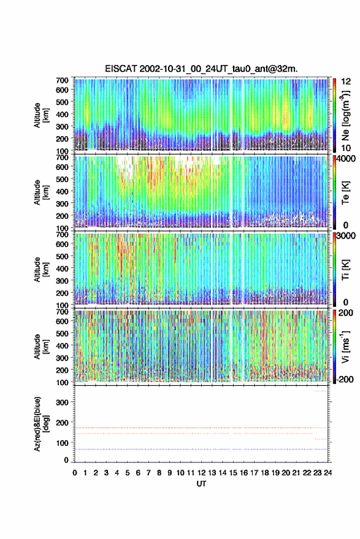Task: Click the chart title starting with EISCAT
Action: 201,69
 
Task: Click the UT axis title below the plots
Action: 201,484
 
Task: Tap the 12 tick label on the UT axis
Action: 202,473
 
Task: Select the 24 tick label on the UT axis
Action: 327,473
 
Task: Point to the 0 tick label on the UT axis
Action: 75,473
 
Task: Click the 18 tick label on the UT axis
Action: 265,473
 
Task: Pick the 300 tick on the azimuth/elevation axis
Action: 62,402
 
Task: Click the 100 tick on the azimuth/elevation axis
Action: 62,443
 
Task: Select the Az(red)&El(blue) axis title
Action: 42,424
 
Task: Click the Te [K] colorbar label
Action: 345,193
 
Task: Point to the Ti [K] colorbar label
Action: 345,270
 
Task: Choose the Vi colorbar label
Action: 345,346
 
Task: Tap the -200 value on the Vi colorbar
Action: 345,380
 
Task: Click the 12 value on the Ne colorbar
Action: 346,82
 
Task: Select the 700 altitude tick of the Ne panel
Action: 62,80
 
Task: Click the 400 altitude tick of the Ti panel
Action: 62,269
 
